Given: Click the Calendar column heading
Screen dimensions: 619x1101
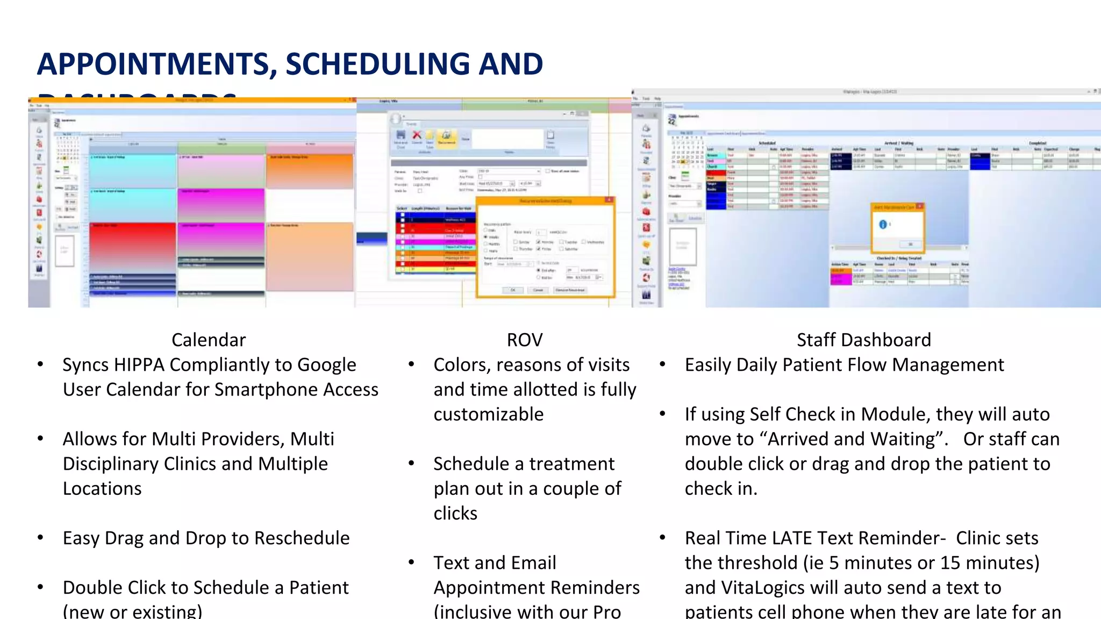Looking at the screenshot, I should (209, 340).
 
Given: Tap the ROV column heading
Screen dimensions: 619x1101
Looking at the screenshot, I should (525, 340).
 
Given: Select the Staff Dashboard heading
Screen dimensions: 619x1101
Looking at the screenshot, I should (863, 340).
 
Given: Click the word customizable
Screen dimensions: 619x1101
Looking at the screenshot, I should (488, 414).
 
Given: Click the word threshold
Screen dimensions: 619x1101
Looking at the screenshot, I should (741, 563).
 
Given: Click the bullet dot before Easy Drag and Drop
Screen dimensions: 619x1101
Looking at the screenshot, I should (40, 538).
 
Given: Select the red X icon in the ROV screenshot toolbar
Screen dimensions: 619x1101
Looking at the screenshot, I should (417, 135).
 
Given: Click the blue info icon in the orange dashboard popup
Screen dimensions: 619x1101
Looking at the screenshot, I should (883, 225).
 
